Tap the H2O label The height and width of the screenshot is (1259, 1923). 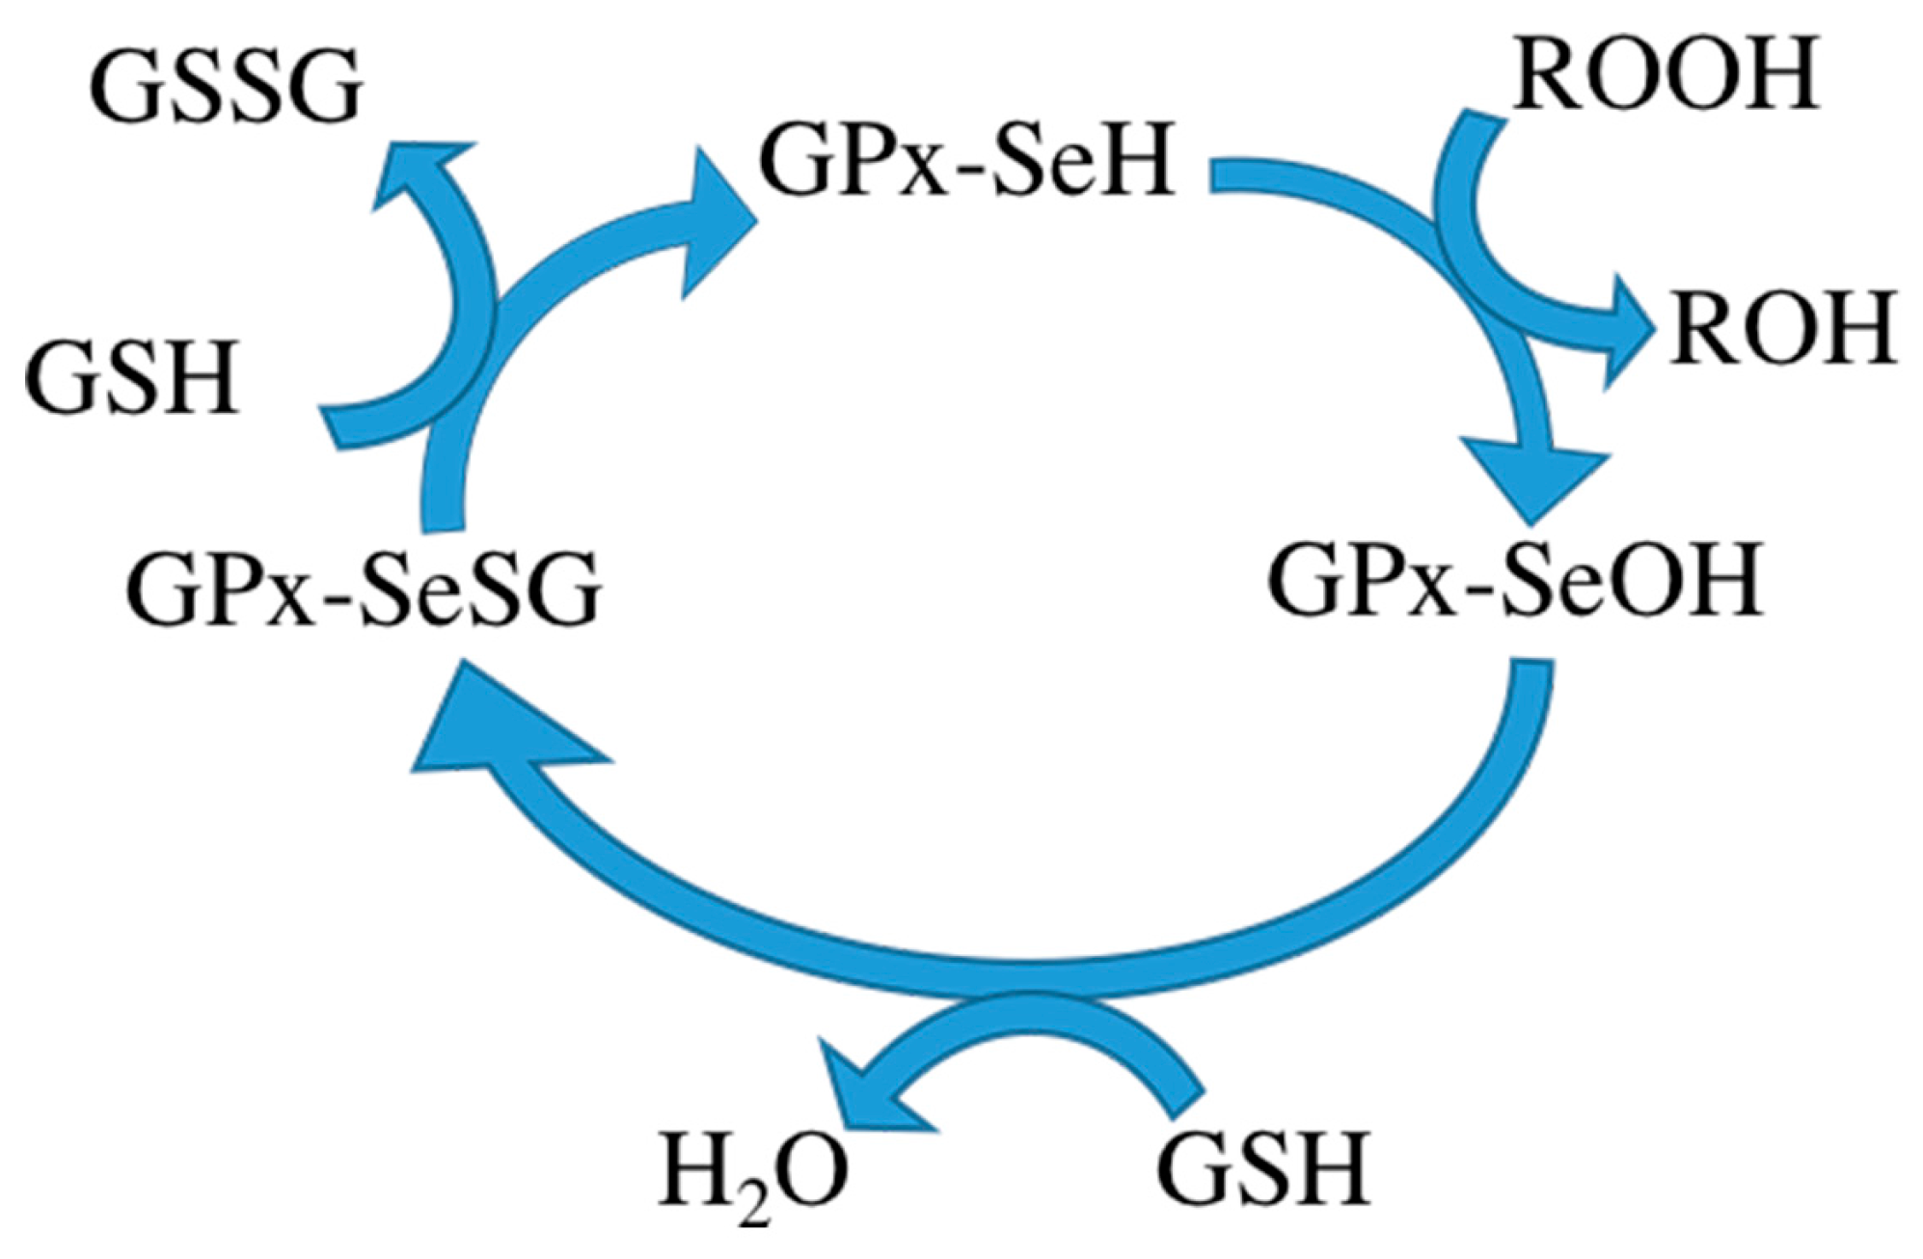click(x=753, y=1171)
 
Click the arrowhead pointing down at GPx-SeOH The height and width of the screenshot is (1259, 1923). click(x=1534, y=478)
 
